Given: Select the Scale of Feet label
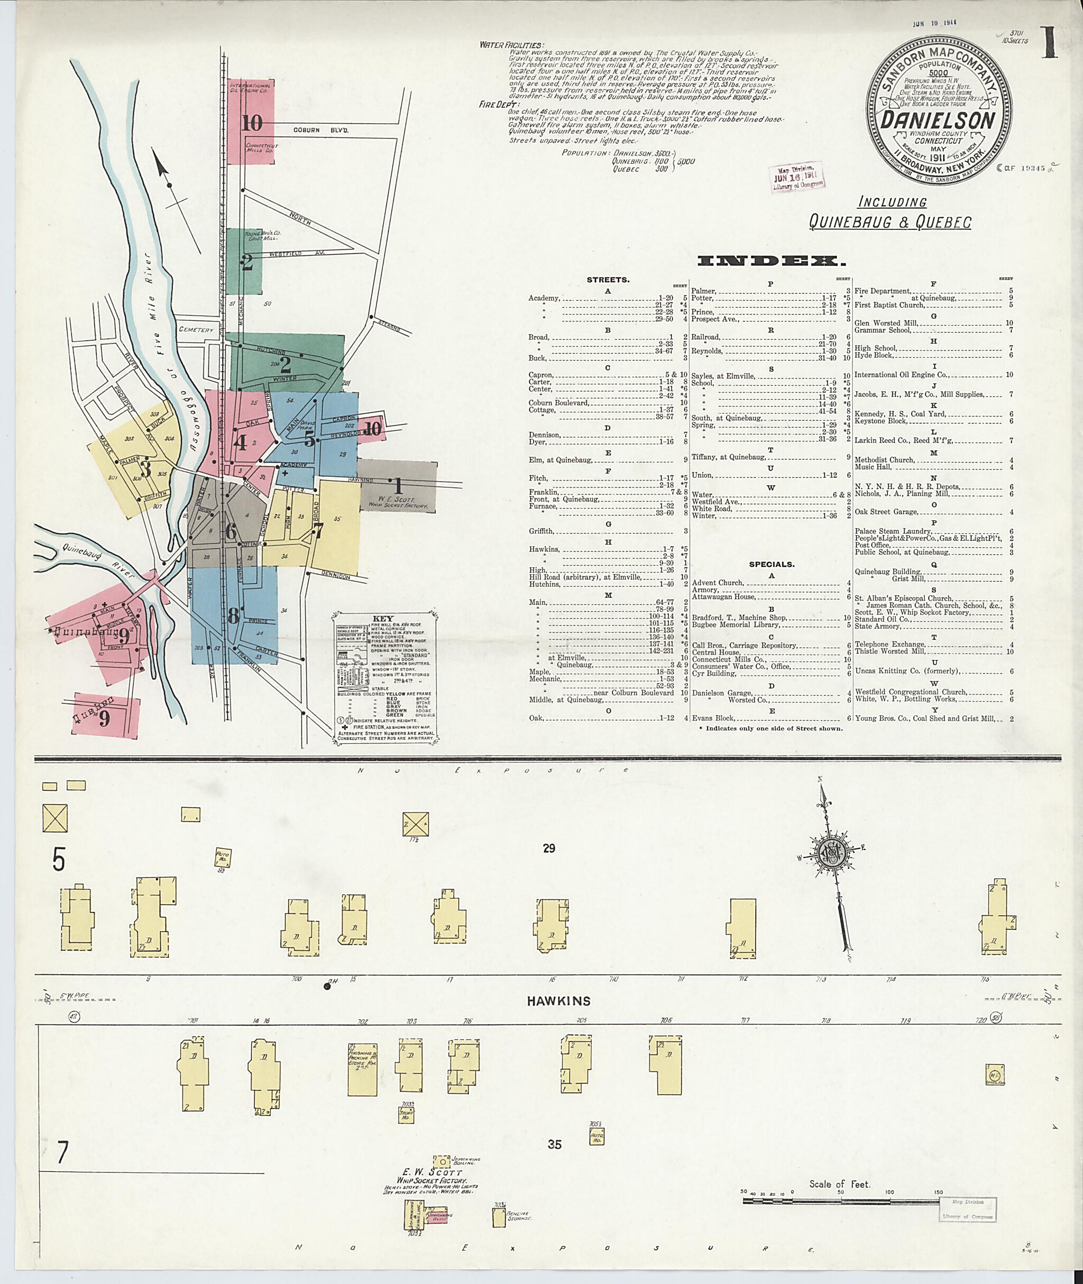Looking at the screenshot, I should tap(839, 1184).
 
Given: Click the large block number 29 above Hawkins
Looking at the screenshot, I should tap(549, 848).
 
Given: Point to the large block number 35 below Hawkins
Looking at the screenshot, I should tap(554, 1144).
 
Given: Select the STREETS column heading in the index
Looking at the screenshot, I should tap(608, 280).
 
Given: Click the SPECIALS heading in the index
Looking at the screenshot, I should tap(771, 564).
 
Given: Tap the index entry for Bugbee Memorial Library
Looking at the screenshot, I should tap(731, 625).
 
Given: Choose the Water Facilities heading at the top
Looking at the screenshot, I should tap(511, 45).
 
